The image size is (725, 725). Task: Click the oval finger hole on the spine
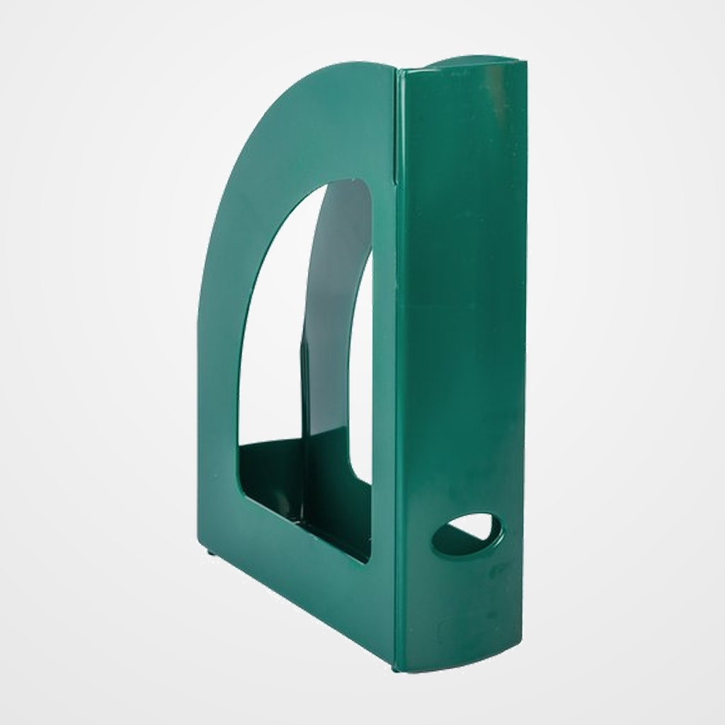pos(467,536)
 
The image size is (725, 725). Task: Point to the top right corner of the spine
pos(524,65)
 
